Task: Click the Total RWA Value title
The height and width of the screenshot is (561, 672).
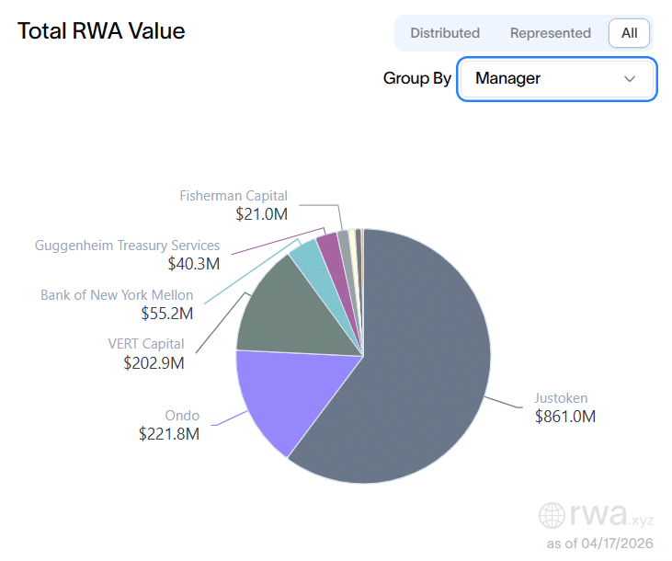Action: coord(101,31)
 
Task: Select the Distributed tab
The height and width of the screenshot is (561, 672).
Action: coord(445,33)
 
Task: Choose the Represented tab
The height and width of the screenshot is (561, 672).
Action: coord(550,33)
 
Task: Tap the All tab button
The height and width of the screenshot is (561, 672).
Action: coord(629,33)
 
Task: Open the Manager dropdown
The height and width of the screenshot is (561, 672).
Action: coord(555,79)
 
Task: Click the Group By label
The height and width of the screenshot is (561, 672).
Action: coord(416,79)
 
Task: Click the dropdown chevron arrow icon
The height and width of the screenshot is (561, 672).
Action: coord(630,79)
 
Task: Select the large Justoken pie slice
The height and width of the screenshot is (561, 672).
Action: coord(414,368)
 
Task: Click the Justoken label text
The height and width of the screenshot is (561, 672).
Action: coord(561,398)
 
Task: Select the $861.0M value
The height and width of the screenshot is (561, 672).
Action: coord(565,417)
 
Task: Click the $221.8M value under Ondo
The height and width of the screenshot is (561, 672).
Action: coord(168,433)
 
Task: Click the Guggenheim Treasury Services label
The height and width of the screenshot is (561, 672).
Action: coord(127,246)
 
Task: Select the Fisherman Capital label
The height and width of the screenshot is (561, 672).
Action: coord(233,196)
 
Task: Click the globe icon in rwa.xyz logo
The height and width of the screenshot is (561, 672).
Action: coord(552,514)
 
